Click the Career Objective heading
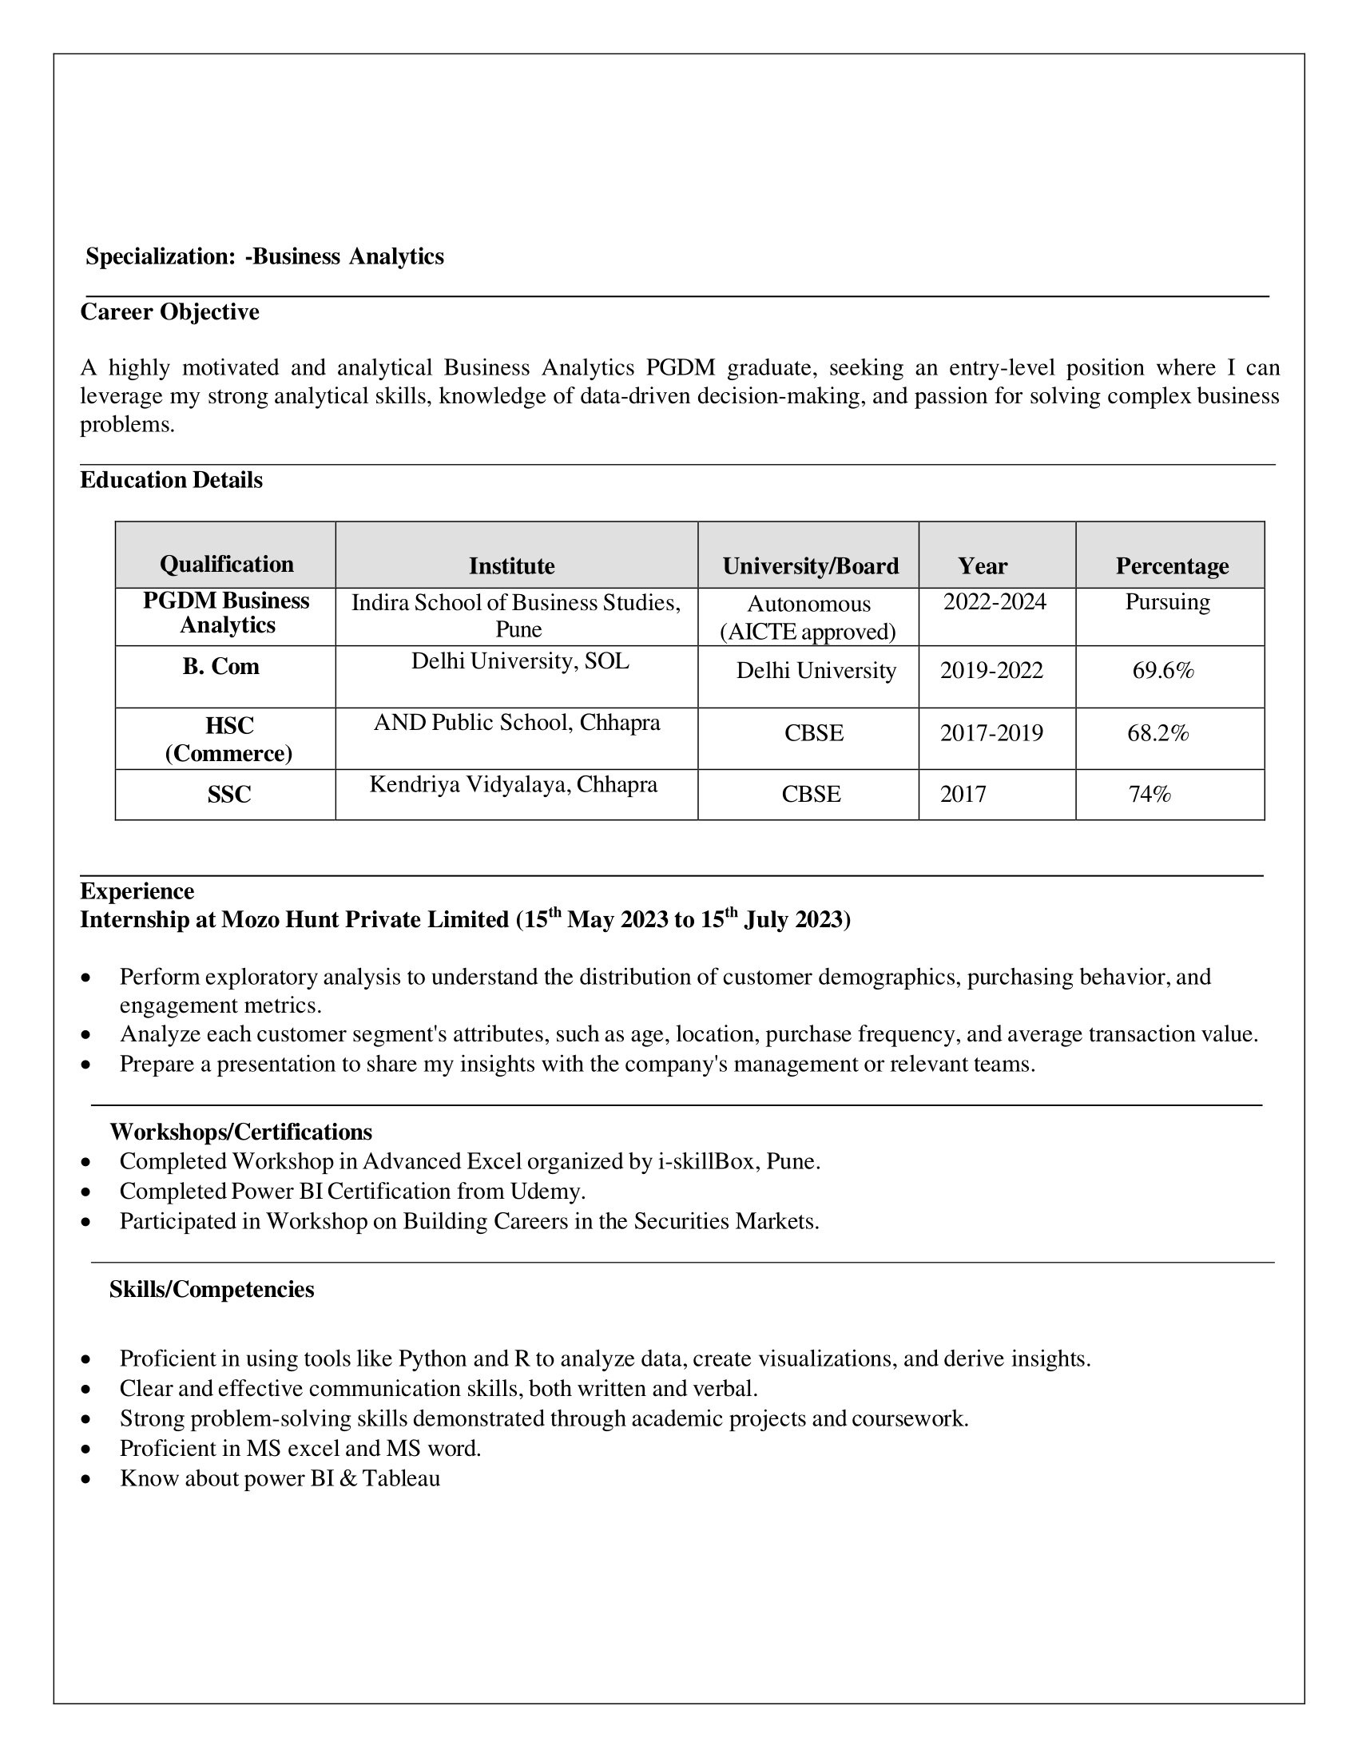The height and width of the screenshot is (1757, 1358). (169, 312)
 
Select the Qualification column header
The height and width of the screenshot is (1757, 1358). (227, 564)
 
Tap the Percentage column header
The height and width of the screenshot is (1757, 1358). (1171, 566)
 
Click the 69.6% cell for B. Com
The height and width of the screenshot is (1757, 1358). (1162, 670)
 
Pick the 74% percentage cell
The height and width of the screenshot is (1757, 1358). (1150, 795)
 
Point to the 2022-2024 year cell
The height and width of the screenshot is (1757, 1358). (995, 601)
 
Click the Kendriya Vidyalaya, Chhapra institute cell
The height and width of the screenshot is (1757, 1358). (514, 784)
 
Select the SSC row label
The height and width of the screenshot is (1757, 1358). (229, 795)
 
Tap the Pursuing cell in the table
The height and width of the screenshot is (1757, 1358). (1167, 601)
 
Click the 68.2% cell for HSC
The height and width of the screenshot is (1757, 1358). (1157, 733)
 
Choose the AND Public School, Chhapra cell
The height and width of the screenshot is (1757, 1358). (517, 723)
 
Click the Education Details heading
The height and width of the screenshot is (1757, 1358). (172, 480)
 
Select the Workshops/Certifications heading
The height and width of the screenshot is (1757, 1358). (240, 1132)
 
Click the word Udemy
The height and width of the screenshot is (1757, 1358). (546, 1191)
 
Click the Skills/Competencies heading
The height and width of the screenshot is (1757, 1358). (212, 1290)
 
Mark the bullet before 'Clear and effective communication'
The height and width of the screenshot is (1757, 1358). (86, 1390)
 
